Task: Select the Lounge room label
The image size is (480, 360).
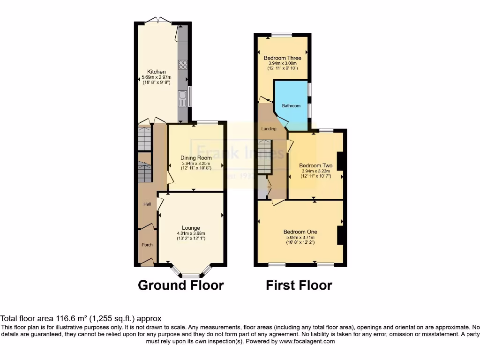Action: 191,228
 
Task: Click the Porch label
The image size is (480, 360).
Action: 147,245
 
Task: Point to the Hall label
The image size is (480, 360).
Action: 147,204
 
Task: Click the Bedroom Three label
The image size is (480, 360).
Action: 282,58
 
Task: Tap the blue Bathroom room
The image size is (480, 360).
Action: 291,105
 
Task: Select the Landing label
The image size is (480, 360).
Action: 269,128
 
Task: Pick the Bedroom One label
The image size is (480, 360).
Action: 300,232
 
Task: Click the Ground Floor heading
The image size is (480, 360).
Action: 180,285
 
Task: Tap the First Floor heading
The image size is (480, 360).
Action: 299,285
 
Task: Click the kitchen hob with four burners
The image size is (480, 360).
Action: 183,65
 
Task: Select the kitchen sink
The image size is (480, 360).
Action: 183,98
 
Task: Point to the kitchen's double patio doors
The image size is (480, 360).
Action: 157,20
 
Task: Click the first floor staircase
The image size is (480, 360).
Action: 265,157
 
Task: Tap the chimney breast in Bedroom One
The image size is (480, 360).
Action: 342,235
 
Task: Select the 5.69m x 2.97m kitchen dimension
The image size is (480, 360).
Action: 157,77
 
